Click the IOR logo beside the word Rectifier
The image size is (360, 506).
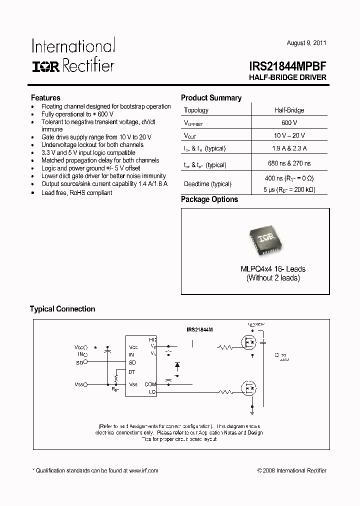tap(45, 66)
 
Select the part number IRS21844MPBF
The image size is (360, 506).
tap(287, 66)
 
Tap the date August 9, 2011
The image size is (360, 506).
tap(306, 43)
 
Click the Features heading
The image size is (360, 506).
tap(45, 98)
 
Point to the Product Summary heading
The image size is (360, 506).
tap(211, 98)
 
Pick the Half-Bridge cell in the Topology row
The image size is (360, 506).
tap(289, 110)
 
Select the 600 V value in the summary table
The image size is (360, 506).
tap(289, 122)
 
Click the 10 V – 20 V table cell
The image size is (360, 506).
tap(289, 135)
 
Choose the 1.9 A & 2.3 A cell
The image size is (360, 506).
tap(289, 148)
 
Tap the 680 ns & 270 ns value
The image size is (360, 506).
tap(289, 163)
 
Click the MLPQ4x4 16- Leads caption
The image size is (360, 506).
tap(272, 269)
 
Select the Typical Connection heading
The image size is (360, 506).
tap(62, 309)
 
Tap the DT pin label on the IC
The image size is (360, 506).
tap(132, 372)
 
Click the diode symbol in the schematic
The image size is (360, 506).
tap(177, 365)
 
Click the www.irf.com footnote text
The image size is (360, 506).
tap(144, 470)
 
